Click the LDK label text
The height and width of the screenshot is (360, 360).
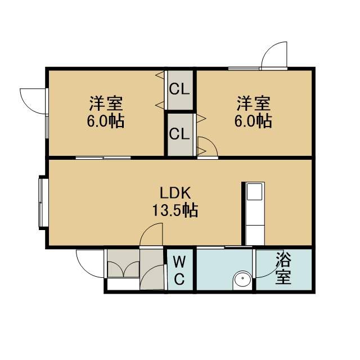pyautogui.click(x=175, y=193)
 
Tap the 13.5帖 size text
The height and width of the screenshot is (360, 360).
pyautogui.click(x=175, y=210)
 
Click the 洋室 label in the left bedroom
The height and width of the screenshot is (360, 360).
pyautogui.click(x=106, y=103)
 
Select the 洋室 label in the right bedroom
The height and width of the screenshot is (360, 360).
pyautogui.click(x=254, y=103)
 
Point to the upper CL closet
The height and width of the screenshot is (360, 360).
pyautogui.click(x=180, y=90)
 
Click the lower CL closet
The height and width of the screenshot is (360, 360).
pyautogui.click(x=180, y=134)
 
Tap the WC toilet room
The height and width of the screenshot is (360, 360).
pyautogui.click(x=180, y=271)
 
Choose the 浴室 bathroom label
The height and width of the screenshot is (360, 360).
pyautogui.click(x=283, y=268)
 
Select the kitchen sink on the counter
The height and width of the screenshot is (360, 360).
pyautogui.click(x=254, y=192)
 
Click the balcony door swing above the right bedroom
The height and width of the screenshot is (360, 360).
pyautogui.click(x=274, y=55)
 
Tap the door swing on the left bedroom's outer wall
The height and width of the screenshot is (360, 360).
pyautogui.click(x=34, y=101)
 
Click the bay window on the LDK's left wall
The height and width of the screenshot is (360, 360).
pyautogui.click(x=43, y=202)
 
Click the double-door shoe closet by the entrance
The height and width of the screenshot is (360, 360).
pyautogui.click(x=124, y=263)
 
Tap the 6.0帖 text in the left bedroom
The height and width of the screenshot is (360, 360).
pyautogui.click(x=106, y=121)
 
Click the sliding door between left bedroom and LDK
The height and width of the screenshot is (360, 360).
pyautogui.click(x=103, y=157)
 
